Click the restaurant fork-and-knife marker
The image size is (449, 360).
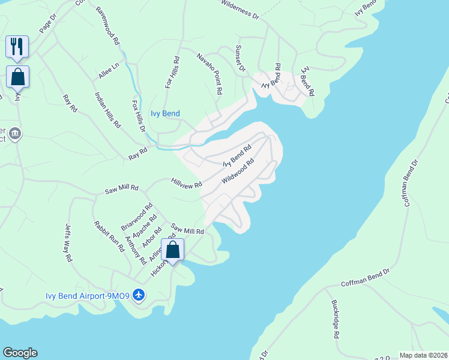17,47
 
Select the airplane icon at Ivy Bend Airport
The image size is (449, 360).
139,295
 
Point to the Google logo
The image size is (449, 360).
20,353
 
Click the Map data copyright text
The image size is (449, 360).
424,355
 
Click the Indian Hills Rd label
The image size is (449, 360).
107,110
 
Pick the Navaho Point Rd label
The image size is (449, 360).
210,74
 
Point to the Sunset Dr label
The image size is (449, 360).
240,58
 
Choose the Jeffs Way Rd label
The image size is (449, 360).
68,242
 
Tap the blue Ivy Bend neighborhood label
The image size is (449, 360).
165,113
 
